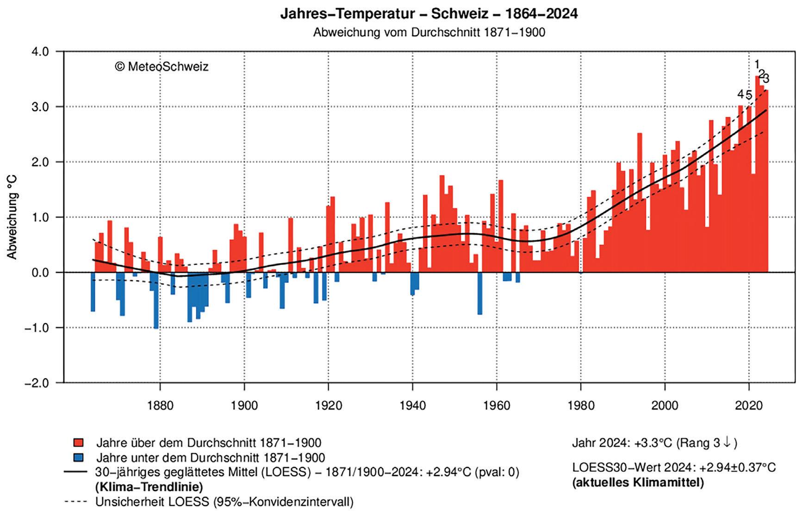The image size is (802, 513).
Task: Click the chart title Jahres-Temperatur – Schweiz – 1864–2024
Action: tap(429, 14)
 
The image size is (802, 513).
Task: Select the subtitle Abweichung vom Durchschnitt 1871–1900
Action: tap(429, 33)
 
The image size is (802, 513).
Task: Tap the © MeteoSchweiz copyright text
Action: tap(162, 67)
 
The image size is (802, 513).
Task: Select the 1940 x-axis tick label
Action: tap(412, 406)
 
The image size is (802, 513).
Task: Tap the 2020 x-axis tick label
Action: tap(749, 406)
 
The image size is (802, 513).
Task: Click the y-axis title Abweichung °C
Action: tap(12, 217)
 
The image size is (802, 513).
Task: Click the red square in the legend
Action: tap(78, 443)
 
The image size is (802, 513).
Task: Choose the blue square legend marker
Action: tap(78, 457)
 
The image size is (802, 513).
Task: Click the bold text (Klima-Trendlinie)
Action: tap(149, 487)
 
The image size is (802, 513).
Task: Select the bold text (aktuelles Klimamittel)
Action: tap(638, 483)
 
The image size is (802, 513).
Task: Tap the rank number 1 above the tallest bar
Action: tap(757, 64)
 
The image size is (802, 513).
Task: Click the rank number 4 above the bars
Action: tap(740, 94)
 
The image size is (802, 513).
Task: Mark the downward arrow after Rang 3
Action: tap(727, 443)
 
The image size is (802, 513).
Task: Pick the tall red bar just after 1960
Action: tap(501, 226)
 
